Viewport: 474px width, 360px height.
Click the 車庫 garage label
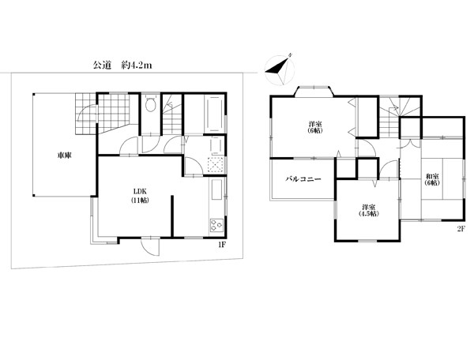(65, 156)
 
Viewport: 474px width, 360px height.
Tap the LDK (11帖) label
(140, 196)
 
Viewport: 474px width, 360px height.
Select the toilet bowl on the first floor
(150, 103)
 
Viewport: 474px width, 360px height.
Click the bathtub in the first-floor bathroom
(215, 114)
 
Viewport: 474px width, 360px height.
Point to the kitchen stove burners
(216, 225)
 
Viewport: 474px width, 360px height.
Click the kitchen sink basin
(217, 189)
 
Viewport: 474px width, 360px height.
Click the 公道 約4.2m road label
(122, 65)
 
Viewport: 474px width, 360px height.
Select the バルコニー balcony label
(303, 179)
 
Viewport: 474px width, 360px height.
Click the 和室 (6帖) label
(432, 179)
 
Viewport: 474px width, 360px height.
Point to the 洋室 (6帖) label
(315, 127)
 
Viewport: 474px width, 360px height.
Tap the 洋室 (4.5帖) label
(369, 211)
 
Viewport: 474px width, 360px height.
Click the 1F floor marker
(221, 245)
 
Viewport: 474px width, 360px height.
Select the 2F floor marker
(461, 229)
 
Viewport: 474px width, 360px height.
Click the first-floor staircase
(172, 114)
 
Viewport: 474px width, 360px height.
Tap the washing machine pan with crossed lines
(216, 164)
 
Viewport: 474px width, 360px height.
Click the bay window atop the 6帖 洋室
(314, 92)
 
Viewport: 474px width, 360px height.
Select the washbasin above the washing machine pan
(216, 145)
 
